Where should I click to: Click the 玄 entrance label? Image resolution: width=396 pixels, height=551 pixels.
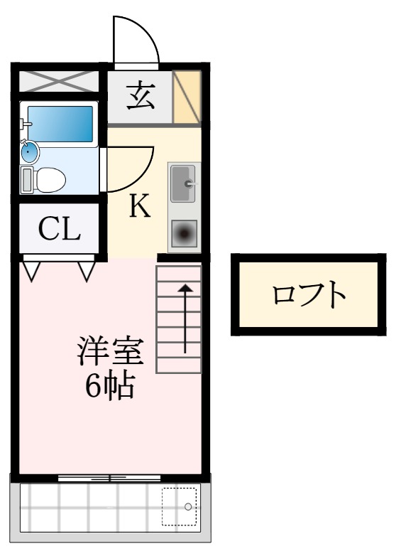(140, 96)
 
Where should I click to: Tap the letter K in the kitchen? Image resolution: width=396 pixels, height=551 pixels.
(140, 206)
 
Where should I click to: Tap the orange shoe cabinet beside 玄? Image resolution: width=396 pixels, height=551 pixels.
(187, 97)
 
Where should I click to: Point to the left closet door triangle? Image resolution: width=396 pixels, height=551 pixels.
(31, 271)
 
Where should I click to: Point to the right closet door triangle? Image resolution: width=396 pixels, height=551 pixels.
(87, 271)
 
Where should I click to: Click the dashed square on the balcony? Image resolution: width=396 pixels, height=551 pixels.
(178, 506)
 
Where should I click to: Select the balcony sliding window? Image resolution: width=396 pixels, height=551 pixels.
(109, 478)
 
